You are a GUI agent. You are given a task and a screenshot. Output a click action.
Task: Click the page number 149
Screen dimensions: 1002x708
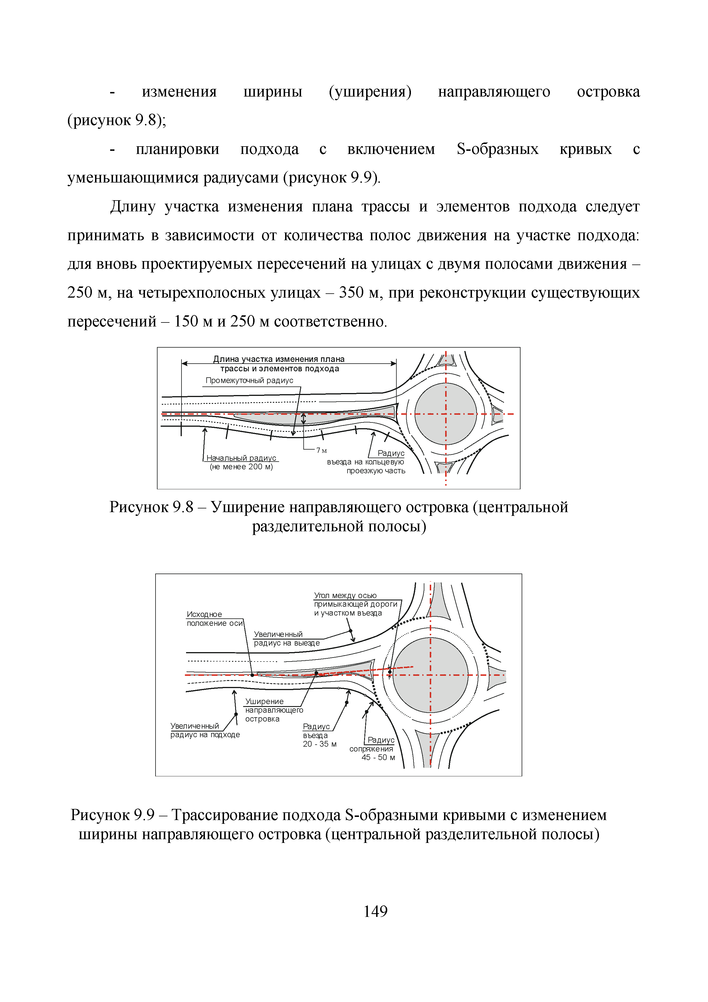coord(375,911)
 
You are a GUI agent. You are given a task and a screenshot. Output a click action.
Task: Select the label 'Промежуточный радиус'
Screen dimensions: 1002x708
coord(249,380)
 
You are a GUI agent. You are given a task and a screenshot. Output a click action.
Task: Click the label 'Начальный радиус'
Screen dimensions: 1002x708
coord(241,458)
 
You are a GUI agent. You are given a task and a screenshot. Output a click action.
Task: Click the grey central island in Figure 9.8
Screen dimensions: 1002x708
coord(445,414)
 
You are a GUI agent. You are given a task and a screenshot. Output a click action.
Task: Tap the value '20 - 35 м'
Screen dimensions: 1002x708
coord(320,744)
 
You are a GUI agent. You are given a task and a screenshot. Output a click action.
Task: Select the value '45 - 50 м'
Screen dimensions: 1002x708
coord(378,757)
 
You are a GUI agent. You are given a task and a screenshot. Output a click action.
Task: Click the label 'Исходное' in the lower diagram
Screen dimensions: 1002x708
coord(204,614)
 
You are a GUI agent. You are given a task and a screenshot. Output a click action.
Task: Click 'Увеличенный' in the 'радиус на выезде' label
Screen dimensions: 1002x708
coord(278,634)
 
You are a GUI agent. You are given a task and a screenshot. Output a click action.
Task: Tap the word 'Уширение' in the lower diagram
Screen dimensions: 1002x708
coord(264,701)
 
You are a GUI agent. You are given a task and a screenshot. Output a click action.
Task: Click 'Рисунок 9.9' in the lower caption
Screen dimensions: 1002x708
coord(112,815)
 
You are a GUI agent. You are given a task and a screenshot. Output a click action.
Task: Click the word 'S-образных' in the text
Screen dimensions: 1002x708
coord(497,149)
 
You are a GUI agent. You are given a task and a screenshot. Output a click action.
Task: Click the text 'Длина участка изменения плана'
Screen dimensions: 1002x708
coord(279,359)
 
